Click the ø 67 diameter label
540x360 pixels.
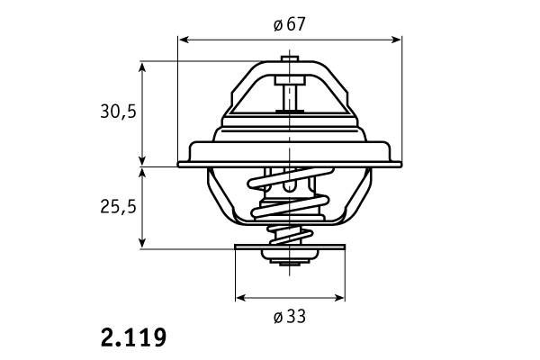click(x=289, y=24)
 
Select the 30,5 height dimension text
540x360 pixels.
click(x=119, y=112)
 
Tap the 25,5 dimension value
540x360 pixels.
click(x=119, y=207)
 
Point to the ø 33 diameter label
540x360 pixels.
click(x=289, y=317)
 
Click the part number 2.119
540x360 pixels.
click(x=133, y=337)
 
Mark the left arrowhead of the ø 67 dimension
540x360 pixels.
click(x=184, y=40)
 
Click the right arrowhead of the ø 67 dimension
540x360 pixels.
click(x=396, y=40)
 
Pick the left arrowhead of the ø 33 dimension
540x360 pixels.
click(x=241, y=297)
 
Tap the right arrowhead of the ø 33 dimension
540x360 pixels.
click(x=339, y=297)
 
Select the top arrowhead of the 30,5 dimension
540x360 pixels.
click(x=142, y=67)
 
